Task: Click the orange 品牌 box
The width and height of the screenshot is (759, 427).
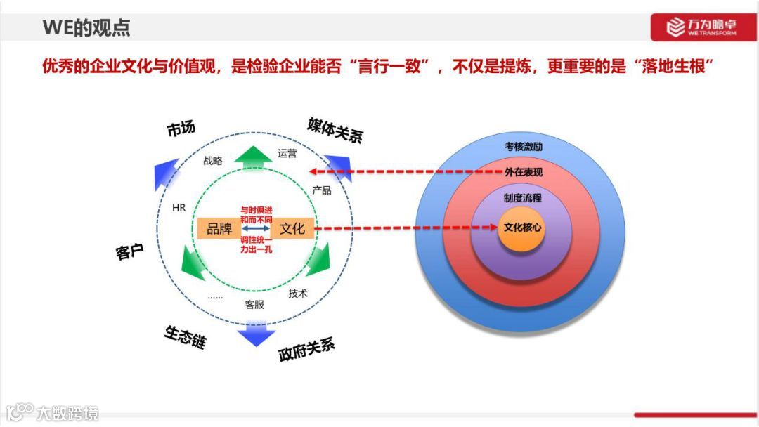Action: [219, 228]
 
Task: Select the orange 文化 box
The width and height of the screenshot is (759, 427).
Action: [292, 228]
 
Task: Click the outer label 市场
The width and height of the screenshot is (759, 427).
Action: [181, 129]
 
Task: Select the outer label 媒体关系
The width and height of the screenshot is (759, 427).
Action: [335, 130]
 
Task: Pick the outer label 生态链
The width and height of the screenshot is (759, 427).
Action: [186, 337]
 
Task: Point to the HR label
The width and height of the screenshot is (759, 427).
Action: [179, 208]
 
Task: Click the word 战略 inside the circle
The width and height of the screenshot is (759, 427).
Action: [213, 161]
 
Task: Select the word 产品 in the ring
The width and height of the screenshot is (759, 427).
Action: [322, 190]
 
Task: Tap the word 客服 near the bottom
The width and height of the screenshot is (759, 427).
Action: [254, 305]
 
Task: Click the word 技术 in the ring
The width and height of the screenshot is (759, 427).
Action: [298, 294]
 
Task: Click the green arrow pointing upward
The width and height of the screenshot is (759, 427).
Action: [253, 158]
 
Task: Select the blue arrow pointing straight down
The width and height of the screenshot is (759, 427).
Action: [255, 335]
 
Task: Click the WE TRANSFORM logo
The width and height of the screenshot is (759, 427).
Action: [702, 27]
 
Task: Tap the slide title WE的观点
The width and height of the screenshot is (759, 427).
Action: [86, 28]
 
